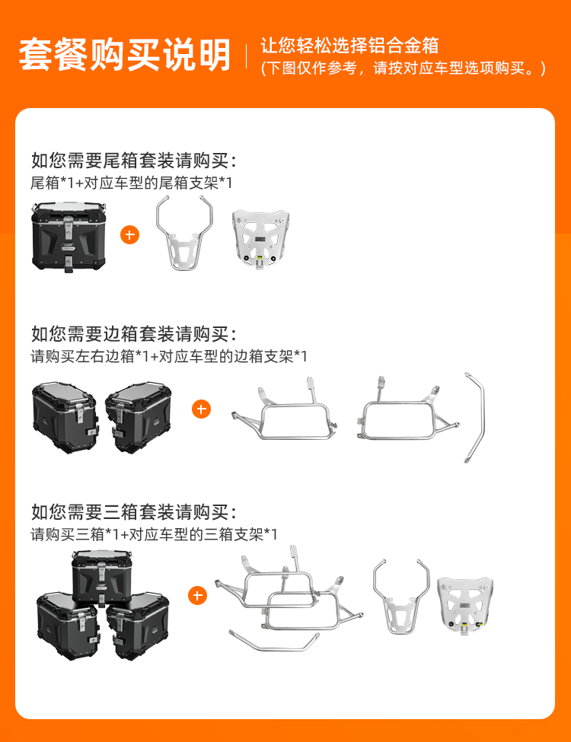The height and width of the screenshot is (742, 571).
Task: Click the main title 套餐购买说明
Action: click(x=125, y=55)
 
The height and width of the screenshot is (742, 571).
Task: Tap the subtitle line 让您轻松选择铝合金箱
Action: click(x=349, y=46)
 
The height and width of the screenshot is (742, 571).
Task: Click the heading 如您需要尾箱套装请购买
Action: click(x=133, y=161)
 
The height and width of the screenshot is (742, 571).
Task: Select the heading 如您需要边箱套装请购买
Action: click(x=133, y=334)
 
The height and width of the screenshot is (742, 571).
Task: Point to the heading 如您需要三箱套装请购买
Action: click(x=133, y=512)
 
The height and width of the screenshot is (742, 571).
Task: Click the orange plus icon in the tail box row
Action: click(x=129, y=234)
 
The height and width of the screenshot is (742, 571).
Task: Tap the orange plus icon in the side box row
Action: click(x=201, y=409)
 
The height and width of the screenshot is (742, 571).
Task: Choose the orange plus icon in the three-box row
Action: click(x=197, y=595)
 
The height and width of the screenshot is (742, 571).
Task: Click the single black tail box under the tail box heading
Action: click(x=69, y=237)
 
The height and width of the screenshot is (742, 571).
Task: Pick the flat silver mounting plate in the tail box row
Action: click(x=260, y=240)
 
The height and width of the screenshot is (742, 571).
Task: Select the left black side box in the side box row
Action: click(x=65, y=417)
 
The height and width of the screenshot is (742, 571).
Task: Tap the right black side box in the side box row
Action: click(x=139, y=417)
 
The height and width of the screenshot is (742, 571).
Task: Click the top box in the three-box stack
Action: click(x=101, y=577)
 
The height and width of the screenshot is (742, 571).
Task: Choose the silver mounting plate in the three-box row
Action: click(x=465, y=605)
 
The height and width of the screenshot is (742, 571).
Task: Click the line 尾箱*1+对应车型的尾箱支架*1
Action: click(x=131, y=183)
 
